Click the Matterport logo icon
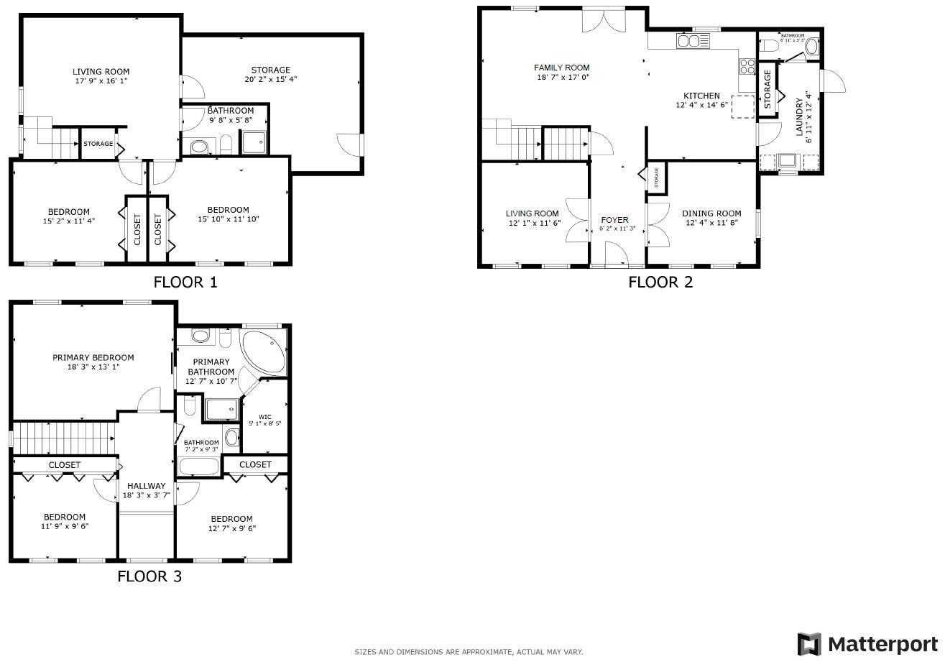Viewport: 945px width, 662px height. click(809, 643)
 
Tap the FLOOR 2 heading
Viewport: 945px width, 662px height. click(660, 282)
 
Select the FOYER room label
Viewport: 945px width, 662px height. click(614, 220)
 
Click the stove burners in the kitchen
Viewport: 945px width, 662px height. click(747, 67)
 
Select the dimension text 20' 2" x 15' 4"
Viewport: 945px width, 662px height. click(270, 79)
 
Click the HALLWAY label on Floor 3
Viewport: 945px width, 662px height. click(147, 486)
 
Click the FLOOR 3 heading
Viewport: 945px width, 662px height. click(149, 576)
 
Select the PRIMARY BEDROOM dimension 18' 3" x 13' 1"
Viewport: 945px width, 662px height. click(93, 367)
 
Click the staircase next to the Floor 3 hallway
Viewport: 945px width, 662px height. click(65, 434)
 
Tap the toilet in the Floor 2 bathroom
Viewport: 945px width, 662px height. click(768, 47)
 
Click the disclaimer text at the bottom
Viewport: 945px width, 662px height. click(469, 652)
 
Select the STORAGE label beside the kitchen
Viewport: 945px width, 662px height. click(767, 89)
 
